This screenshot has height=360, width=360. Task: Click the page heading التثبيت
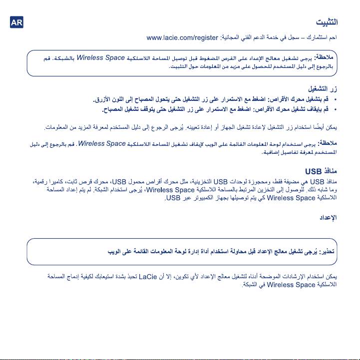pos(328,22)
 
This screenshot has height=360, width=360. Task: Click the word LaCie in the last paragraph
pos(149,276)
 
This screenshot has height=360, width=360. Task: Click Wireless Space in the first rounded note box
pos(100,57)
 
